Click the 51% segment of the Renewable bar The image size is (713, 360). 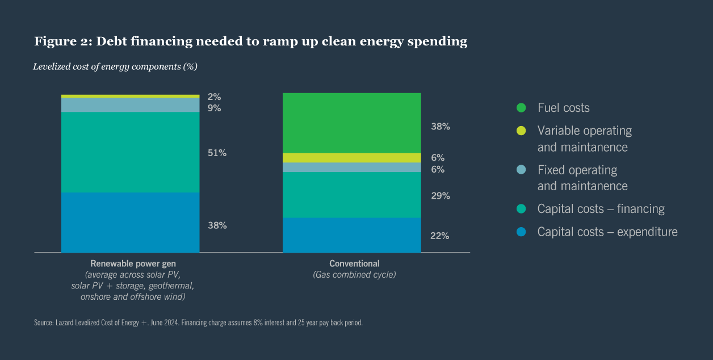click(130, 152)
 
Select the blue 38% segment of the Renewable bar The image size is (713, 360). click(130, 222)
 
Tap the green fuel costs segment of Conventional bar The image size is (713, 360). click(351, 123)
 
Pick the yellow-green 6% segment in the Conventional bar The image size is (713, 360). click(351, 158)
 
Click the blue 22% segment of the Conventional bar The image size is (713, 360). click(351, 235)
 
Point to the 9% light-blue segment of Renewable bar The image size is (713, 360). click(130, 105)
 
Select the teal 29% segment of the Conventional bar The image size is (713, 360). click(351, 195)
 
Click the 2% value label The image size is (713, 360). click(214, 97)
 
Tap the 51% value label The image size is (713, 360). click(217, 153)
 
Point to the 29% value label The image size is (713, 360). click(440, 196)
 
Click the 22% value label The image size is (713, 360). click(440, 236)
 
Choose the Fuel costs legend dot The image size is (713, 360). click(521, 108)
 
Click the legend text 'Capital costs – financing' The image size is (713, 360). click(601, 209)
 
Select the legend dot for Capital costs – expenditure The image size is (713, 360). click(521, 232)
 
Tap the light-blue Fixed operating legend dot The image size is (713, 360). click(521, 170)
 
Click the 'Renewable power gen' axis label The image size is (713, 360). click(133, 263)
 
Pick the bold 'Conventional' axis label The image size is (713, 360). click(354, 263)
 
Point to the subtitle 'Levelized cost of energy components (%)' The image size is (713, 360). click(115, 66)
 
